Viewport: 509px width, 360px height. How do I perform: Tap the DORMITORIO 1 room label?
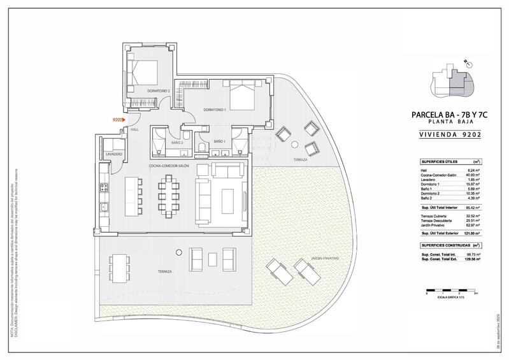point(215,110)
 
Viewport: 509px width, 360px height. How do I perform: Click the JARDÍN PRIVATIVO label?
point(326,258)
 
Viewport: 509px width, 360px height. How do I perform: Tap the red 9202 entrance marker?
point(118,119)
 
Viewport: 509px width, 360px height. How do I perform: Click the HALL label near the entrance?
point(134,130)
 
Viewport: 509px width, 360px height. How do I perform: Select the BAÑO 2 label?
point(177,143)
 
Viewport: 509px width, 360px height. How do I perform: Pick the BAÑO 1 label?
point(220,141)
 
